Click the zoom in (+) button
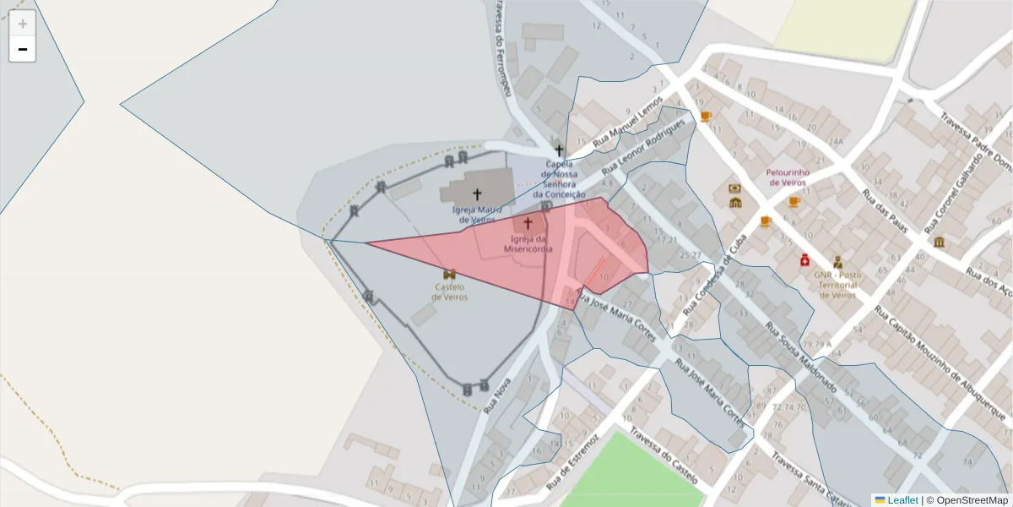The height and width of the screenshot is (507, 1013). tap(23, 24)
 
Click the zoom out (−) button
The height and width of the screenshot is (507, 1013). tap(23, 49)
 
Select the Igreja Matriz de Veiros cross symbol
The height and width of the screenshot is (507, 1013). tap(478, 194)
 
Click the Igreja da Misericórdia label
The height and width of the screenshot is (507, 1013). tap(528, 243)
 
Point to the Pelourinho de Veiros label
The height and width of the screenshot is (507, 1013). tap(788, 177)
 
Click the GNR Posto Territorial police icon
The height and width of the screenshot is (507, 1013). tap(837, 261)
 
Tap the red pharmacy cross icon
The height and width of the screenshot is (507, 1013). tap(805, 260)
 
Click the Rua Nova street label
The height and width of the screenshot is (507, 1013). tap(497, 395)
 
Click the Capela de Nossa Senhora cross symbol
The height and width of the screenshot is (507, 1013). tap(559, 150)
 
